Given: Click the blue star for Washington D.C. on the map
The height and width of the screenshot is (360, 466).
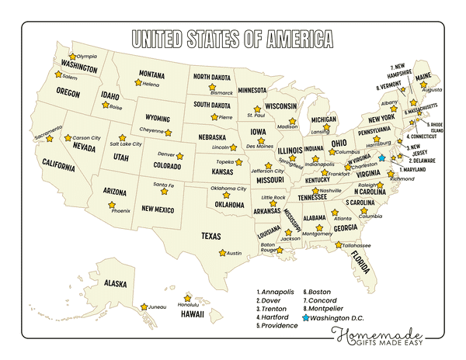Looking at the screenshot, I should coord(381,157).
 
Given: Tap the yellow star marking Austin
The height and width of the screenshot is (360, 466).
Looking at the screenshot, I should coord(222,253).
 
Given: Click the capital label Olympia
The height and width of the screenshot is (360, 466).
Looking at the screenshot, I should coord(87,57).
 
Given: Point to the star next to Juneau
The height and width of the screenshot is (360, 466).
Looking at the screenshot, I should coord(144,306).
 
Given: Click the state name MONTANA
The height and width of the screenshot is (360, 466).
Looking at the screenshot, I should coord(151,74).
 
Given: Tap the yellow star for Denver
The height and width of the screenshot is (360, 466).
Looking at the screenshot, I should coord(179,156).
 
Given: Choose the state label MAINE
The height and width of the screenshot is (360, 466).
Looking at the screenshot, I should coord(423,78).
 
